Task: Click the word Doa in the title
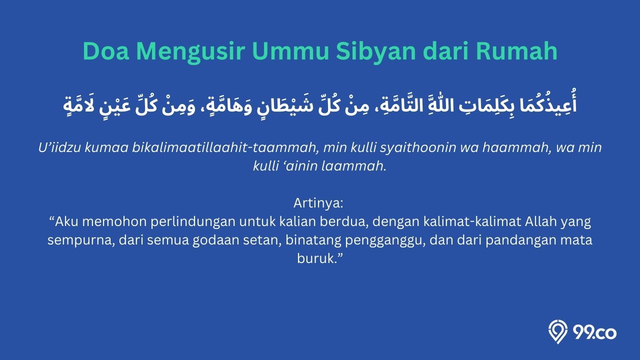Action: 106,51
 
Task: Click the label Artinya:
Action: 318,203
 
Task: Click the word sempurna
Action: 81,240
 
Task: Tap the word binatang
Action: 313,240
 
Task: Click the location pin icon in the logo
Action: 557,331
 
